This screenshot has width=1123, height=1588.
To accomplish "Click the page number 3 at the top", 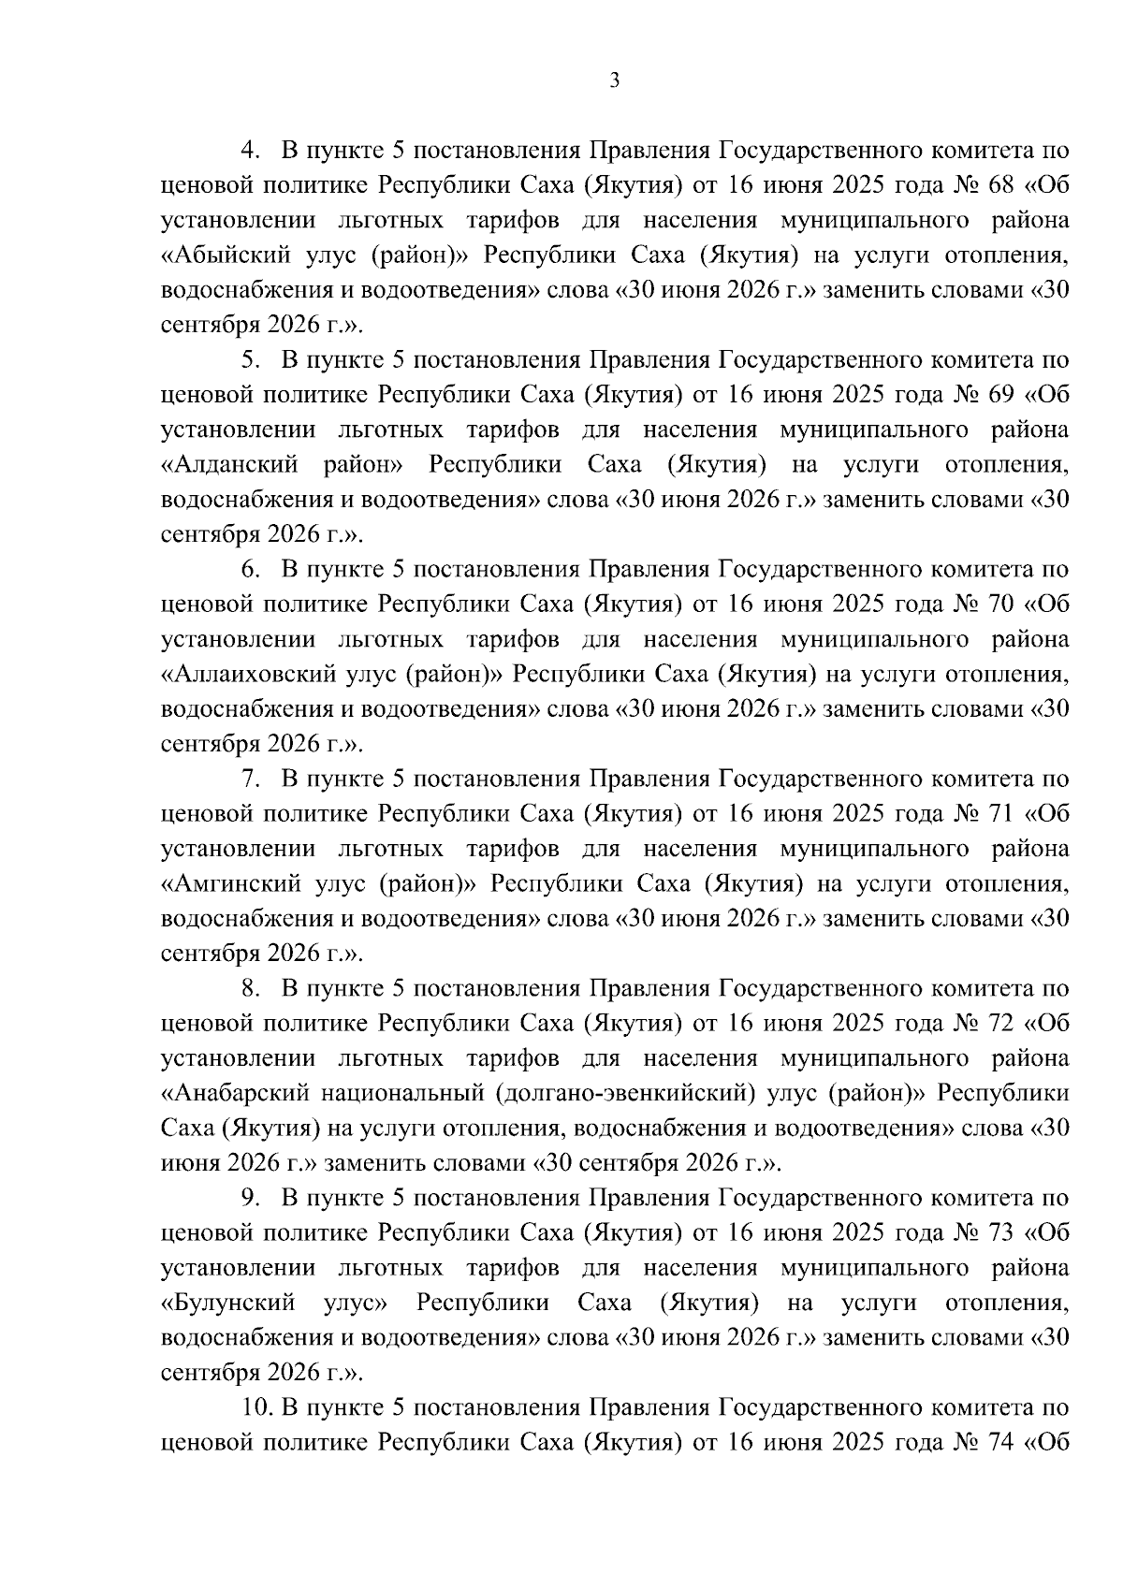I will (x=614, y=81).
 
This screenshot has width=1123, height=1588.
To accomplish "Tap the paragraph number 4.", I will (x=251, y=151).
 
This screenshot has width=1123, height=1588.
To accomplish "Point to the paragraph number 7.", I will (x=251, y=779).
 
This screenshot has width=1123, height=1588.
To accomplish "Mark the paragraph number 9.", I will (x=251, y=1199).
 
